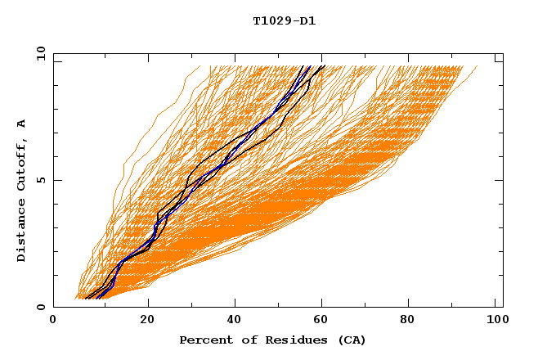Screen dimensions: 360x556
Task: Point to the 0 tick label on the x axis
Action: (53, 322)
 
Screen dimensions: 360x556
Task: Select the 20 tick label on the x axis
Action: (147, 322)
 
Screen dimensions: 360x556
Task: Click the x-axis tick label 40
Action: (235, 322)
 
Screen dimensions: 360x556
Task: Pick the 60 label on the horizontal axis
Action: (325, 322)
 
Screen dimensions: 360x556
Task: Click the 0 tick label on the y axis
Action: (40, 307)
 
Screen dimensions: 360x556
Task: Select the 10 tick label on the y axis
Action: (40, 53)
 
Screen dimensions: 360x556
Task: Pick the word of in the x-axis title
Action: (244, 340)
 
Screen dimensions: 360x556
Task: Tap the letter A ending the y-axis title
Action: (22, 123)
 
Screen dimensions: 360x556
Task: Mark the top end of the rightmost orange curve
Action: (478, 66)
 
